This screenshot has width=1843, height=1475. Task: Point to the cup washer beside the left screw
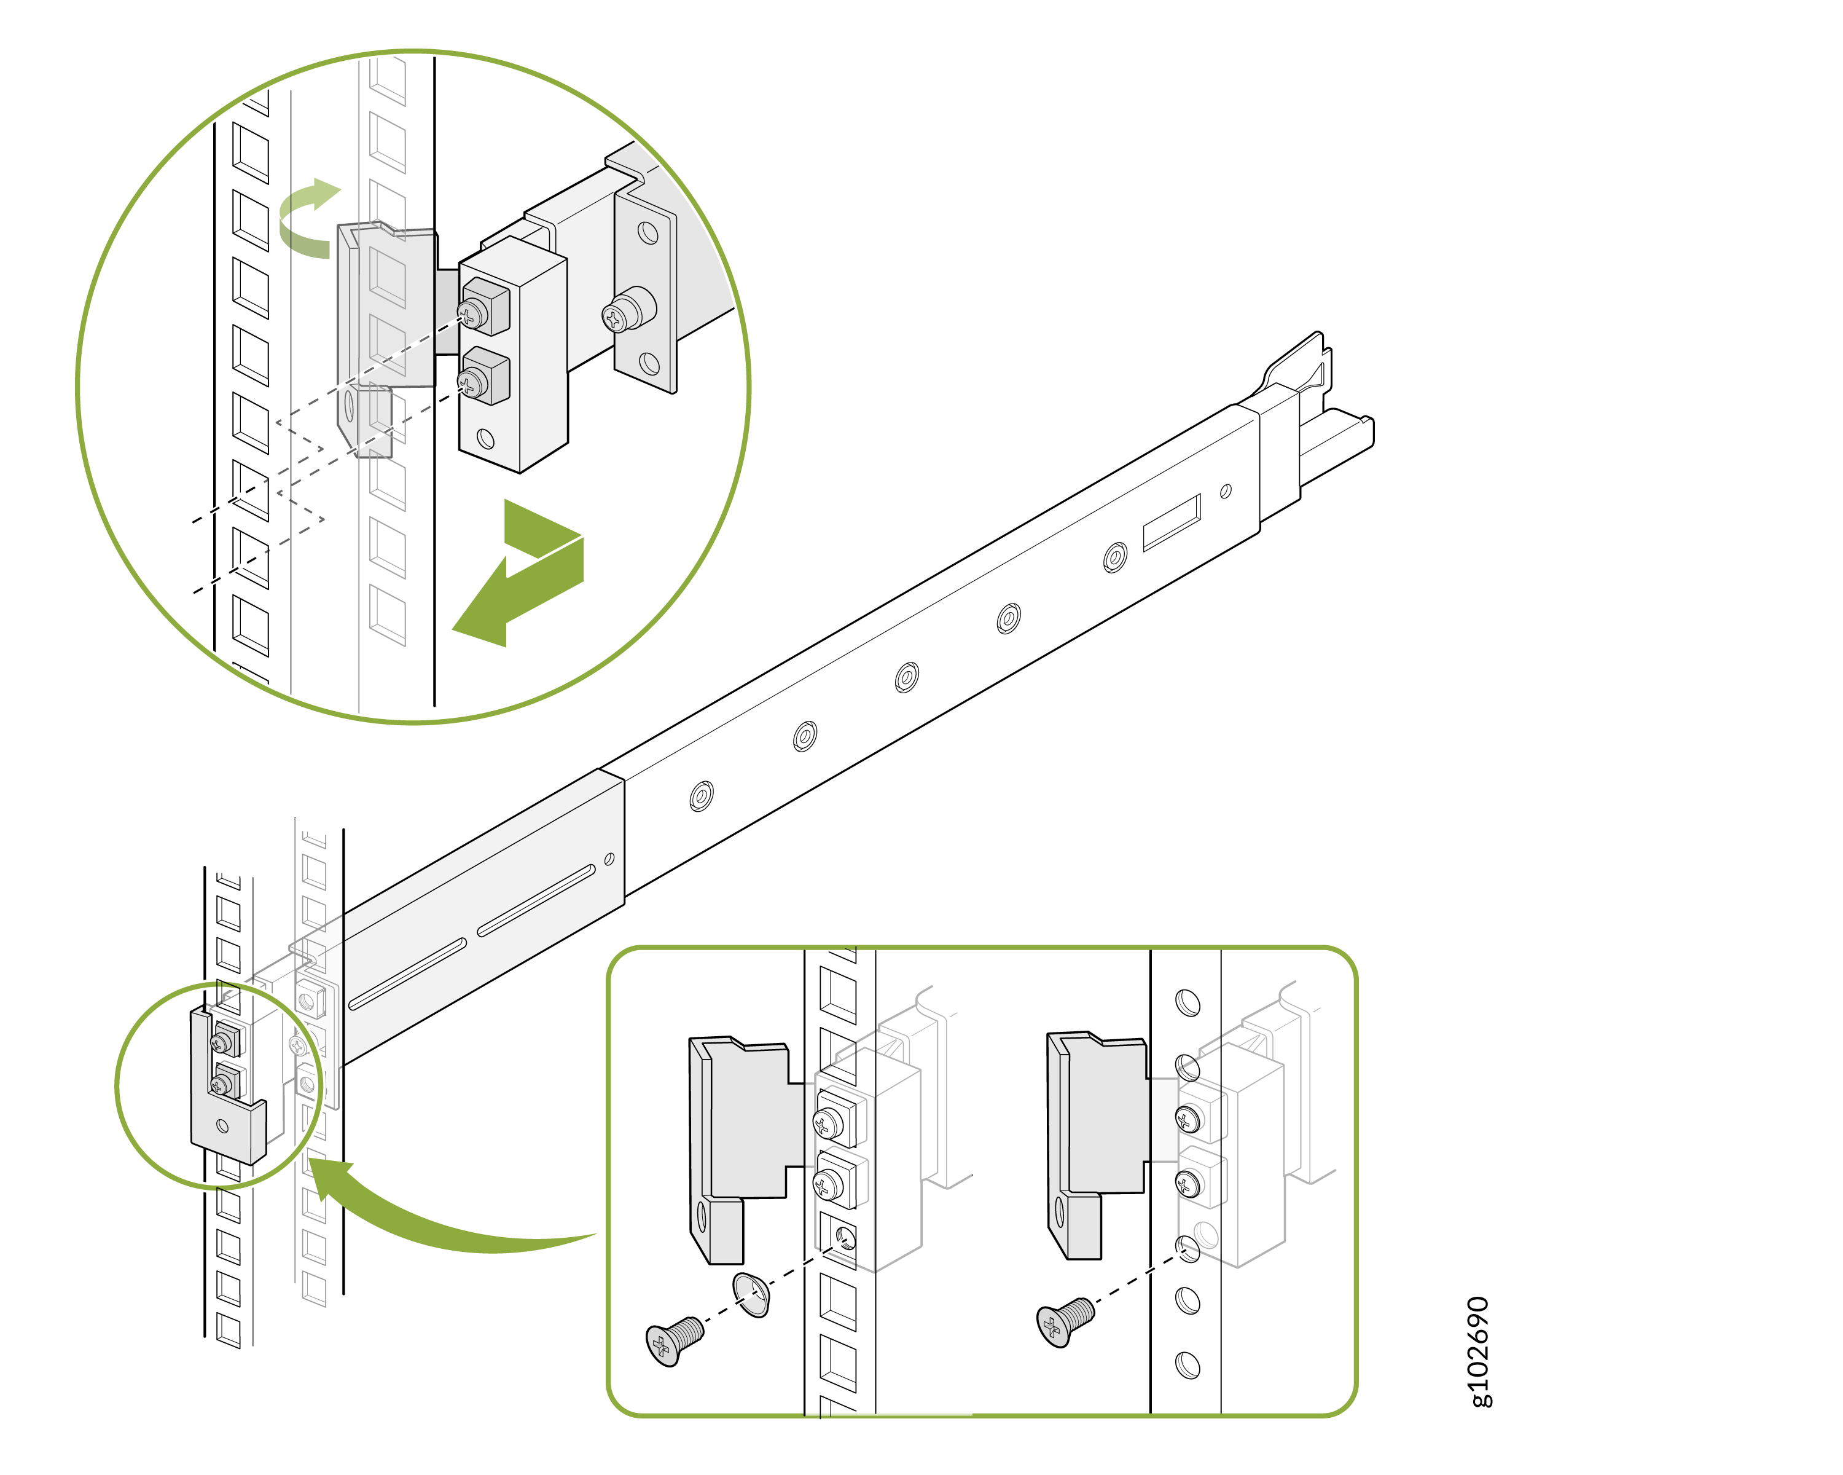752,1294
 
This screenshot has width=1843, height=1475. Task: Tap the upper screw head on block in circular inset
472,314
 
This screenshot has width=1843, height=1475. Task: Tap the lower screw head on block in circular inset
472,383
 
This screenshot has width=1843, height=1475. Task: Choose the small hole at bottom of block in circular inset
485,439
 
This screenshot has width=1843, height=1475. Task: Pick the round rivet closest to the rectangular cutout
1114,557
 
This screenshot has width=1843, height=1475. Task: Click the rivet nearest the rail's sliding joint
701,795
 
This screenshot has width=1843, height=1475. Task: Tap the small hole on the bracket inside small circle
222,1125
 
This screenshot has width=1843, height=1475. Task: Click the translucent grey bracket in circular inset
385,317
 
